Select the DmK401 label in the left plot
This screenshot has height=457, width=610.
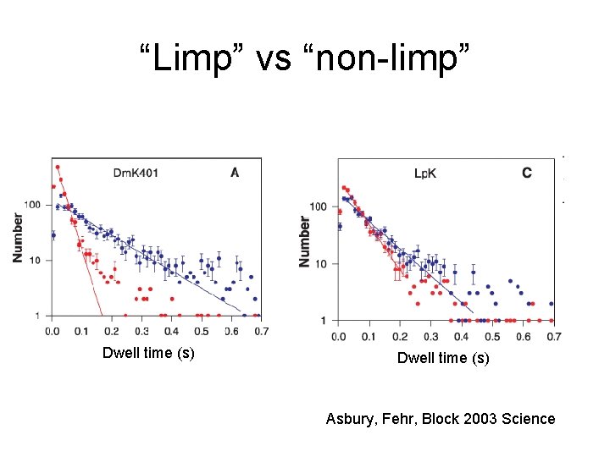(x=136, y=173)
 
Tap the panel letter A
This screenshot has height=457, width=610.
(x=235, y=173)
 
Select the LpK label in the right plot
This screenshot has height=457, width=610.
(x=425, y=173)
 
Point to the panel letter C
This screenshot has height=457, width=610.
(x=527, y=173)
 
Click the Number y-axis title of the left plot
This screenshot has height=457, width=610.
(x=19, y=237)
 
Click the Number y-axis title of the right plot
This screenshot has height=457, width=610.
(x=305, y=241)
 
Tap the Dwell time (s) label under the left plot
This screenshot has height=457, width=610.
(x=148, y=353)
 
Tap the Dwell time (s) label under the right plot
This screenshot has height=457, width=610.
(x=443, y=358)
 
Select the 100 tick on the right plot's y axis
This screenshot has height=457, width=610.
(x=319, y=207)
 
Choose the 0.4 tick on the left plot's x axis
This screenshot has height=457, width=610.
(x=171, y=331)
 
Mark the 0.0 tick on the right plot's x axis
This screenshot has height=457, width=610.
(x=339, y=337)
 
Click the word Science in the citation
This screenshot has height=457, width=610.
(x=529, y=419)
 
